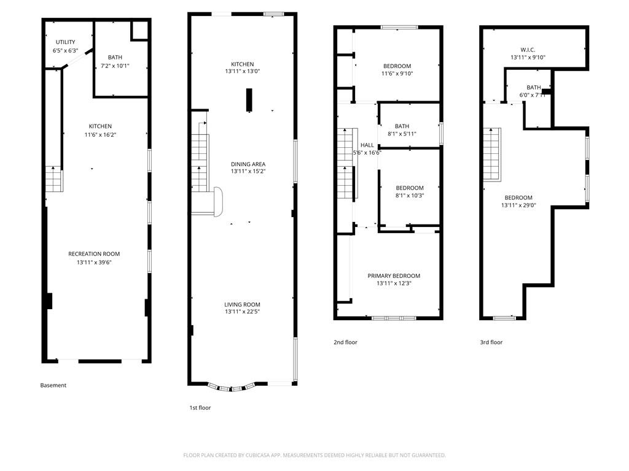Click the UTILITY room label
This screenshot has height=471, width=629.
click(65, 42)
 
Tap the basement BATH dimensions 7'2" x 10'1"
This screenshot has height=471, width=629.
click(115, 66)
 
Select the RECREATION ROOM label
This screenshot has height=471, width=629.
click(94, 254)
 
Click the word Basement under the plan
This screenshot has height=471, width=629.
click(53, 385)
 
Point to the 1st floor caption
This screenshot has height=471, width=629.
click(200, 408)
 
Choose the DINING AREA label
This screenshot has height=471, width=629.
click(248, 164)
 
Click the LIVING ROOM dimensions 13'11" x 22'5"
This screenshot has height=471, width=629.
click(242, 312)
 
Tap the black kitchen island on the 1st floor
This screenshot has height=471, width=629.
click(249, 100)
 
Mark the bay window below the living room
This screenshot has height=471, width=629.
click(232, 388)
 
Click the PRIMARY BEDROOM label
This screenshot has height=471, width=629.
click(394, 276)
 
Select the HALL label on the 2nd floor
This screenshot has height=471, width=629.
click(367, 145)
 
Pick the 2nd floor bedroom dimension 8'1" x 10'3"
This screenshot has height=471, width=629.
click(410, 196)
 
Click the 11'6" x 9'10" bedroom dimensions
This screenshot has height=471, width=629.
click(397, 74)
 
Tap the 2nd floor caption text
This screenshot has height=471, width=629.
click(345, 342)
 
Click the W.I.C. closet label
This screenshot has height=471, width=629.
click(528, 50)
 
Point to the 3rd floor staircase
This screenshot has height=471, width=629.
click(492, 155)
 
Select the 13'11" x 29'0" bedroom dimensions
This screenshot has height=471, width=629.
click(518, 205)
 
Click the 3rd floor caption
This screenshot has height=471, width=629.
click(491, 342)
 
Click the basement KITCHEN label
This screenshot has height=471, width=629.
click(100, 126)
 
